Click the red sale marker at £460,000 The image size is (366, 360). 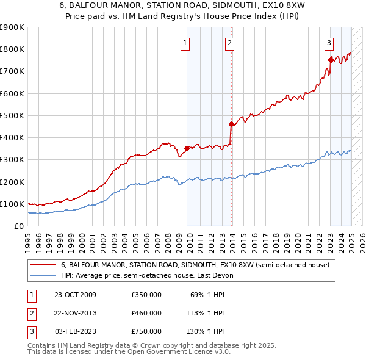[232, 124]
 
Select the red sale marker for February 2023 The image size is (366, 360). [331, 60]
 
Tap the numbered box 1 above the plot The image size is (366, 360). [184, 43]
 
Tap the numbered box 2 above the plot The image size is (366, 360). [229, 43]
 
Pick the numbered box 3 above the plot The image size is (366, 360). [328, 43]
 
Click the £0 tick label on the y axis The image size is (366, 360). [20, 226]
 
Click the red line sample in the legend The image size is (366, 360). [43, 265]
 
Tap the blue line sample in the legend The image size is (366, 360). [43, 275]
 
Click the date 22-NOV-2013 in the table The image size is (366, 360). [76, 313]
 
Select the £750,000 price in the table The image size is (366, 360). [146, 331]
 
